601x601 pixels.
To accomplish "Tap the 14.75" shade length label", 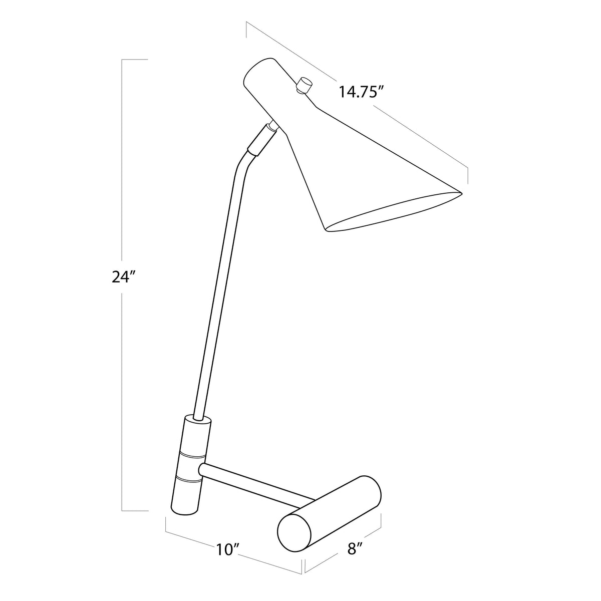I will pos(361,92).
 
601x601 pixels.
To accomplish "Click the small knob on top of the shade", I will pos(303,85).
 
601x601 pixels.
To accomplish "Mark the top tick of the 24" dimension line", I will pos(135,60).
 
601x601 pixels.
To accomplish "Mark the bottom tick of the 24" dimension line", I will pos(135,511).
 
